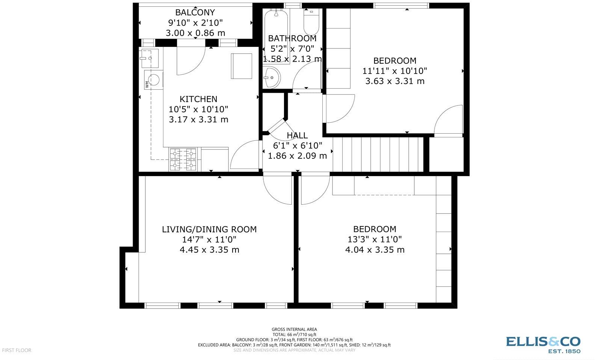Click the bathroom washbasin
271,78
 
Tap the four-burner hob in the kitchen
183,159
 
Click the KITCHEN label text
198,99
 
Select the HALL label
297,136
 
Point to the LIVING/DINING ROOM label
209,229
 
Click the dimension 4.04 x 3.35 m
375,250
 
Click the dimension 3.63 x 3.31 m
395,81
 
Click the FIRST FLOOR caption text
17,350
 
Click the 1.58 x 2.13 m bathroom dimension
292,59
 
